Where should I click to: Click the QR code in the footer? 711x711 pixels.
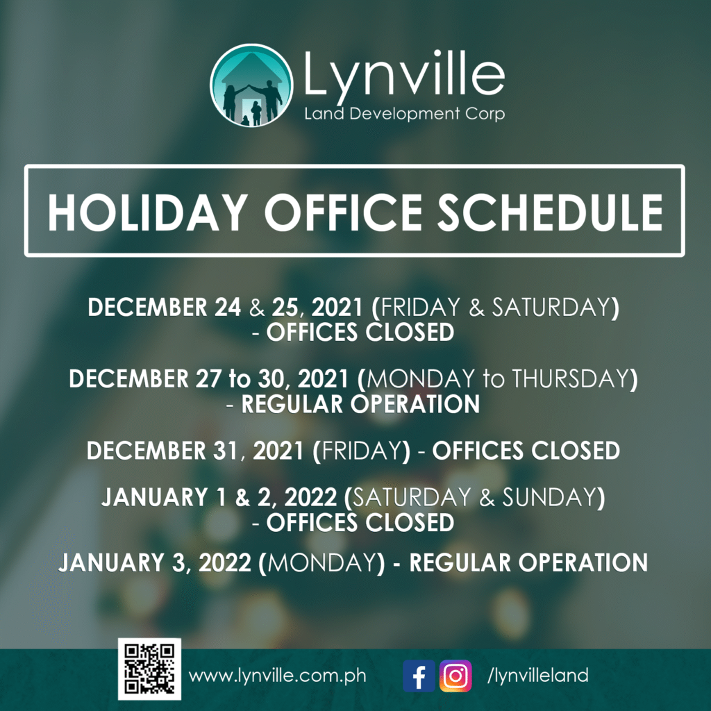150,669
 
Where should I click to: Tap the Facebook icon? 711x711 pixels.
419,676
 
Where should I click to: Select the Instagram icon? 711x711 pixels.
455,676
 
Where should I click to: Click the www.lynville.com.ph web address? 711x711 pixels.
278,676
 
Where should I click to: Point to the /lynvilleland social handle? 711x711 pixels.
538,676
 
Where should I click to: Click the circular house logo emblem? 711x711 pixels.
251,85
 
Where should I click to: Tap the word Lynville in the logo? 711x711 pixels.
403,72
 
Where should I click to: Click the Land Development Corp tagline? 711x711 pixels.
405,114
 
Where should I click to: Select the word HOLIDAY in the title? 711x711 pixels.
148,212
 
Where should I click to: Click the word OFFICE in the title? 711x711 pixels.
343,212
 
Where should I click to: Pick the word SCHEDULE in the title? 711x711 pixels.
550,212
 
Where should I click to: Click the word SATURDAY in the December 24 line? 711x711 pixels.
551,307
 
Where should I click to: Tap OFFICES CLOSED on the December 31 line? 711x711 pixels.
526,450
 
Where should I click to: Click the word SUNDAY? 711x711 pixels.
549,497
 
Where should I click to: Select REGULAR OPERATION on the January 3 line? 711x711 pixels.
528,562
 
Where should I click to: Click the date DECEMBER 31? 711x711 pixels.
162,451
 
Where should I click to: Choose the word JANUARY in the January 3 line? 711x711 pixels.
110,562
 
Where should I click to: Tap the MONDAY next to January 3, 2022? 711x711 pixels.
323,562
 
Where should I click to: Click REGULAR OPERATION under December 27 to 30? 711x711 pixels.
360,404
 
